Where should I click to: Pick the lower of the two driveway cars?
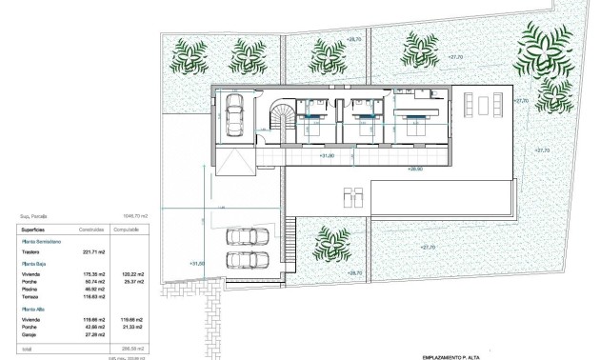click(x=246, y=260)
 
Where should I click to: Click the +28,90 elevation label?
click(x=414, y=169)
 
